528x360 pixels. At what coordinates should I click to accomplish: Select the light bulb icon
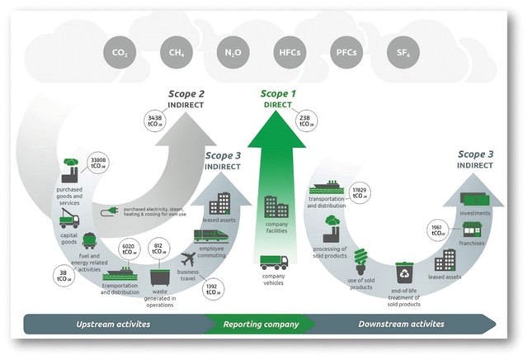pyautogui.click(x=361, y=261)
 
